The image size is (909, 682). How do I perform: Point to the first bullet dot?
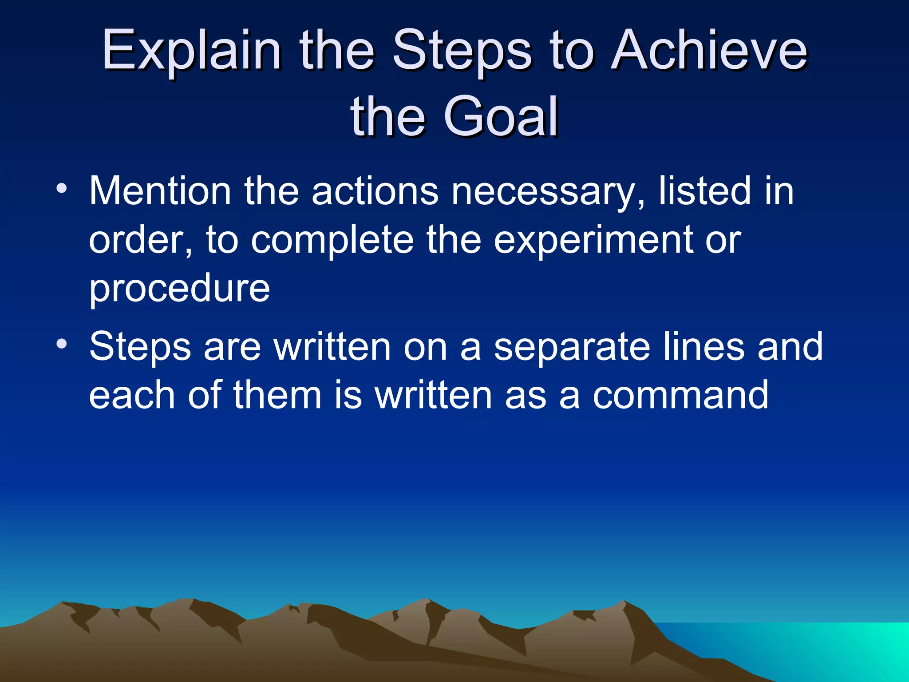pos(62,189)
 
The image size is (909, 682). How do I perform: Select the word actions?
pos(375,191)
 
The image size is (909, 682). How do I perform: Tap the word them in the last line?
pos(277,395)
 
